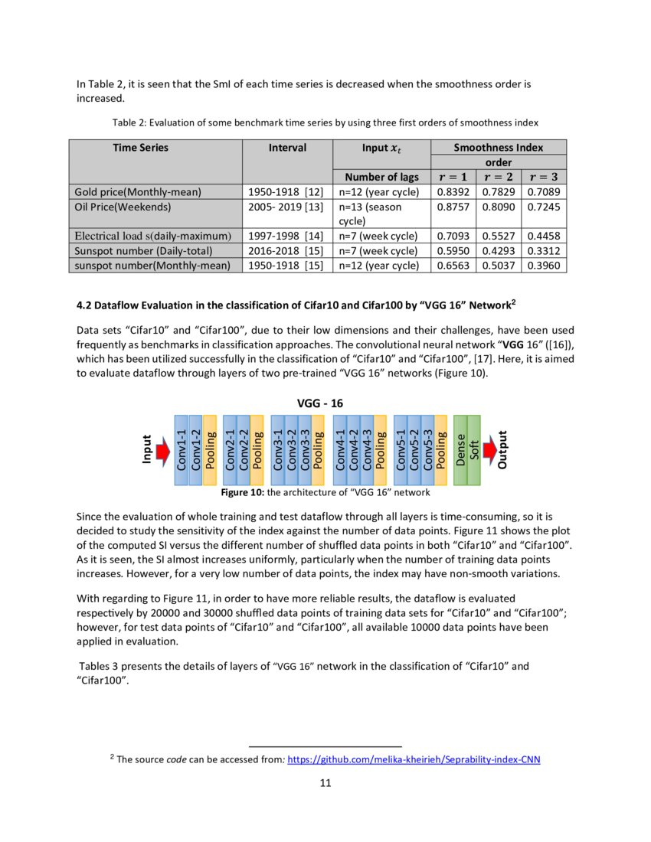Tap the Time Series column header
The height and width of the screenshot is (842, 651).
(x=141, y=147)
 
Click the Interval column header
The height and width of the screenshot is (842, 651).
(x=287, y=147)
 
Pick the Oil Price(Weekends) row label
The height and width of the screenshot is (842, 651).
(x=123, y=206)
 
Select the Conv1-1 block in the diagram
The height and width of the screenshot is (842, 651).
(x=182, y=450)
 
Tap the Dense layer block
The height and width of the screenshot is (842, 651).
(x=460, y=450)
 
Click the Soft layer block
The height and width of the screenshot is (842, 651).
(x=474, y=450)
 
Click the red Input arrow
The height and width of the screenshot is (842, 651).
(x=162, y=452)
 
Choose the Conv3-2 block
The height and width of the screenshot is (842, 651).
(x=291, y=450)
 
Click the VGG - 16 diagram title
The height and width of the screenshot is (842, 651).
(x=325, y=403)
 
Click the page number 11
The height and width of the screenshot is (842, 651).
(x=325, y=783)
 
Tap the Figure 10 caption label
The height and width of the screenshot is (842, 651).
(x=242, y=492)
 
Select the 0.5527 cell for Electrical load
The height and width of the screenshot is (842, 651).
(x=499, y=236)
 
